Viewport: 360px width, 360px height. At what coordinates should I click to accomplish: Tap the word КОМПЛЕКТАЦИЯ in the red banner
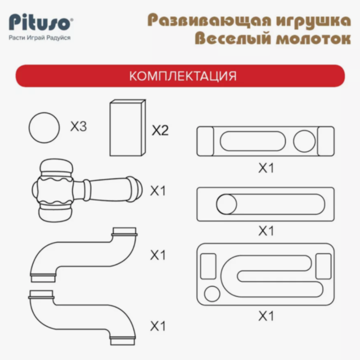coord(183,76)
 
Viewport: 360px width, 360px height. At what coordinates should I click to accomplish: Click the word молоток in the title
coord(313,39)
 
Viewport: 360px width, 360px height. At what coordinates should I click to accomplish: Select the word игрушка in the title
coord(314,21)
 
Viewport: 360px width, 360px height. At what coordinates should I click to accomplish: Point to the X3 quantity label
coord(79,126)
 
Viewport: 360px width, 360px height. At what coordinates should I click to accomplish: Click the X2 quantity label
coord(160,130)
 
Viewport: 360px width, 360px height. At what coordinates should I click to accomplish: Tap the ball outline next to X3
coord(44,128)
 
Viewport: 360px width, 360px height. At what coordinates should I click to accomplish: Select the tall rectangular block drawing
coord(128,128)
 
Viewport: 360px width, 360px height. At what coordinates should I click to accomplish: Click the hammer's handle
coord(108,190)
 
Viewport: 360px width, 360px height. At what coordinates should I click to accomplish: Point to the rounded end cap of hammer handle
coord(137,190)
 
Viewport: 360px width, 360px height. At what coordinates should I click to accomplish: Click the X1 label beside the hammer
coord(157,191)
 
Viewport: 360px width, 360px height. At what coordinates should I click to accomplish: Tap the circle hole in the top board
coord(304,141)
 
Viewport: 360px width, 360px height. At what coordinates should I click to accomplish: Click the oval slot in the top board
coord(253,141)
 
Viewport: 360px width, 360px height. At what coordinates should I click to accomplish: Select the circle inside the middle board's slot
coord(227,204)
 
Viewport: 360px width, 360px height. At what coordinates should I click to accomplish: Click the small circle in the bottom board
coord(212,294)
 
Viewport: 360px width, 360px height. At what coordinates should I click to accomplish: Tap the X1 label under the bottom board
coord(266,316)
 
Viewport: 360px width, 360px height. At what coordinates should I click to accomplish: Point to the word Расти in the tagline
coord(17,38)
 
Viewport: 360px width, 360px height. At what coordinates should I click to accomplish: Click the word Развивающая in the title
coord(210,21)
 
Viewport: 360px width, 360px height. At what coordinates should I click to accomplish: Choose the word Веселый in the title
coord(233,39)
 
